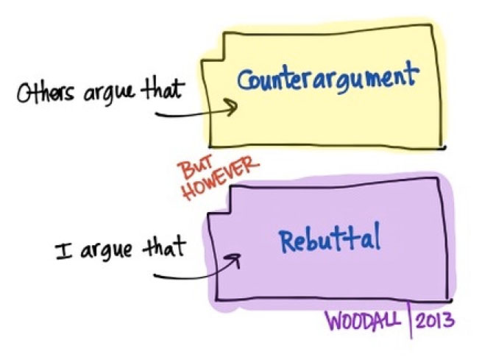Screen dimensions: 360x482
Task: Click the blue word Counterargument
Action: tap(327, 77)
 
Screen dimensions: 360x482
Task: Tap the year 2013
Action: tap(435, 322)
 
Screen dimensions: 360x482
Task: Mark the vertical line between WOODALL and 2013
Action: tap(410, 321)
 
